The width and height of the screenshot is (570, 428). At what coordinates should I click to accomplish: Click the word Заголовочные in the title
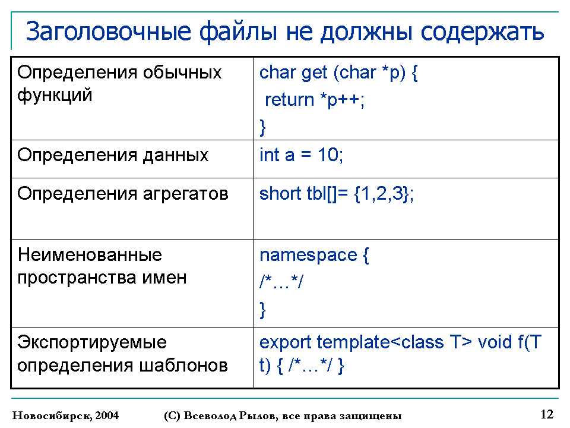click(x=108, y=32)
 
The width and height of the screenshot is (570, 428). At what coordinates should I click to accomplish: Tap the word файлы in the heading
click(x=238, y=31)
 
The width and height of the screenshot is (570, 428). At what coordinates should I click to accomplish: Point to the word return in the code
click(x=289, y=100)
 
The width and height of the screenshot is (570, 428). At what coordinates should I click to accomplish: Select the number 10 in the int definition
click(x=328, y=155)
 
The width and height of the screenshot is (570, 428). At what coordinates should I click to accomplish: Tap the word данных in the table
click(x=176, y=156)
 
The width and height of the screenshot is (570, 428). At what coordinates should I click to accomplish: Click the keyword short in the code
click(x=280, y=193)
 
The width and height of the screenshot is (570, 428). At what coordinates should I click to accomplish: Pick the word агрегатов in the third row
click(x=185, y=194)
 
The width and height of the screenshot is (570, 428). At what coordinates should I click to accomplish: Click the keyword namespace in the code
click(x=309, y=256)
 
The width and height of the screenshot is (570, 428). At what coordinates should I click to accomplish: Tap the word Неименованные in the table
click(x=90, y=254)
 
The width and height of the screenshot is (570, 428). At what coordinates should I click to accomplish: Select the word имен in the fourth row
click(x=164, y=278)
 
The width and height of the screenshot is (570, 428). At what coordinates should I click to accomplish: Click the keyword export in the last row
click(x=286, y=343)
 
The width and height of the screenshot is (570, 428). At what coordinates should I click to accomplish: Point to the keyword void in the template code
click(x=495, y=342)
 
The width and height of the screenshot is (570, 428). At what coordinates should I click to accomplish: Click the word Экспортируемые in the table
click(x=92, y=343)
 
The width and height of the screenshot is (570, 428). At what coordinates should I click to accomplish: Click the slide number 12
click(x=547, y=414)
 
